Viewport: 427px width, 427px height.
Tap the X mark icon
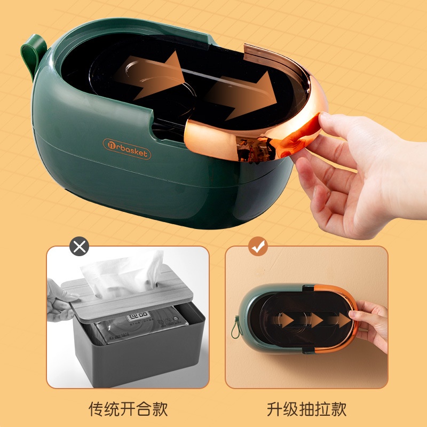coord(80,247)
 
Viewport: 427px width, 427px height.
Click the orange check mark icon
coord(258,247)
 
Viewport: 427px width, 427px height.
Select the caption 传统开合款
coord(128,409)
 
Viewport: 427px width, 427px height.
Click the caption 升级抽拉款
coord(306,409)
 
